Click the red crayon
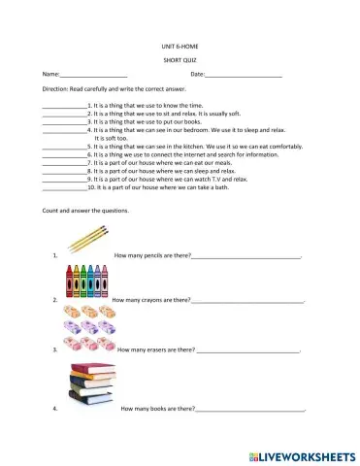(69, 282)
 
